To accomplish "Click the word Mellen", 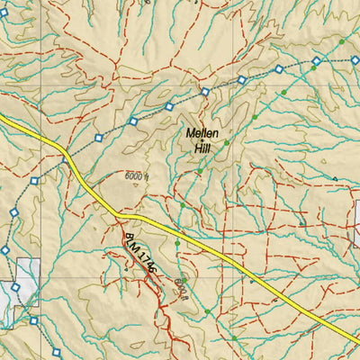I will [202, 132].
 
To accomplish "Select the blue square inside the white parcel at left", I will [15, 289].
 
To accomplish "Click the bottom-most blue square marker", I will [33, 320].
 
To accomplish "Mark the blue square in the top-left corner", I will [4, 13].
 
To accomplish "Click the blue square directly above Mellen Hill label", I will [205, 92].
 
